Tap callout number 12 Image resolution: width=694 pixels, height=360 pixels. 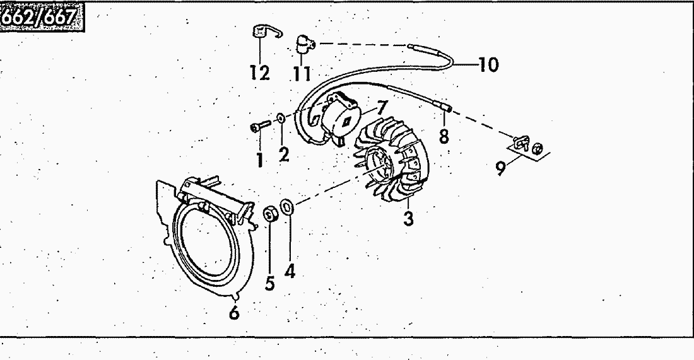tap(259, 73)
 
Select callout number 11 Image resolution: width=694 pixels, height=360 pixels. tap(302, 75)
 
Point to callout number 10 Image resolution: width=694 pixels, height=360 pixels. tap(488, 64)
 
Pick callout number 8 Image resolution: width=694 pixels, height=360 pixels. tap(444, 136)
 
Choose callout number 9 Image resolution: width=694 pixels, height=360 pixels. tap(501, 168)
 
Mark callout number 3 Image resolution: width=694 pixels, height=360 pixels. tap(409, 220)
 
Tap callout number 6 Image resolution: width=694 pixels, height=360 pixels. tap(234, 313)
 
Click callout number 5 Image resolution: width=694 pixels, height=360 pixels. tap(270, 284)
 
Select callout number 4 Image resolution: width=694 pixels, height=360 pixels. tap(290, 272)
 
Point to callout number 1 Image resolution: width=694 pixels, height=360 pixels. tap(259, 160)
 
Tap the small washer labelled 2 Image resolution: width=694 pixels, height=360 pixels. tap(279, 117)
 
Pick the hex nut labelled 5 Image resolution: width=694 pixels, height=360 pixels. tap(269, 215)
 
